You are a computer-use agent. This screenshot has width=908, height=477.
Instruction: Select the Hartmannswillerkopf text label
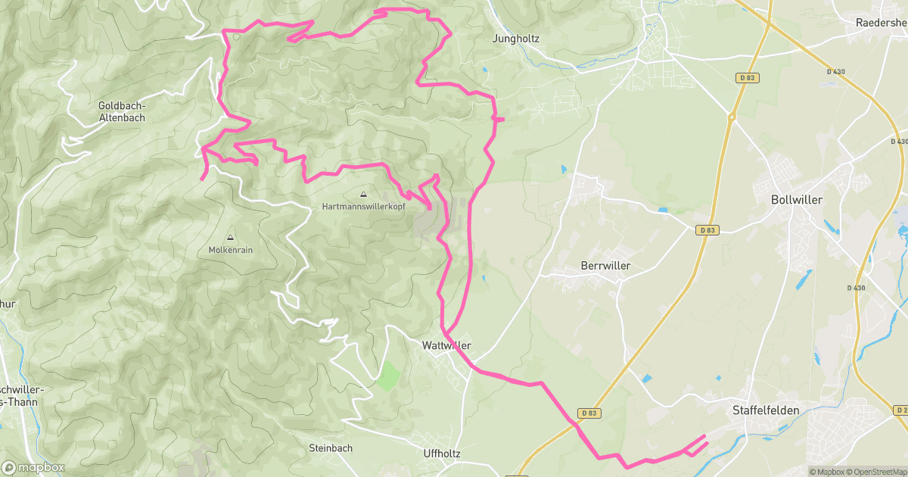[363, 206]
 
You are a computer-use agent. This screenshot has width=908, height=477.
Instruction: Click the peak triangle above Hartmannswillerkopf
[363, 194]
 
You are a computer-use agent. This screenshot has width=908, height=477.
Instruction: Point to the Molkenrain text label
[230, 250]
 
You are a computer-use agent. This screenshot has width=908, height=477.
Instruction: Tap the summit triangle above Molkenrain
[230, 238]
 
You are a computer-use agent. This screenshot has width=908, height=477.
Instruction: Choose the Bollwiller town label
[796, 200]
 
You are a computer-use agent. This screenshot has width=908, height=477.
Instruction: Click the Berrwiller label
[605, 266]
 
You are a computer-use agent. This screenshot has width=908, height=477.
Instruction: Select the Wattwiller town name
[446, 345]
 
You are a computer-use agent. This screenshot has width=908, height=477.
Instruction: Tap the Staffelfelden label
[766, 410]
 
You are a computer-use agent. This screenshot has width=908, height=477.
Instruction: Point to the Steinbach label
[331, 448]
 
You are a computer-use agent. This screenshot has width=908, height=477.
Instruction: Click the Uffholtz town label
[443, 453]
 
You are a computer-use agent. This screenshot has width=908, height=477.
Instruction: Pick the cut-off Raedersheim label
[881, 23]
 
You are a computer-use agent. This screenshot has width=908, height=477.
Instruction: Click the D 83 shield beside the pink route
[591, 413]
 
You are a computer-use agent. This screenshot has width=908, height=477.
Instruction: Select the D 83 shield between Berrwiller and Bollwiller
[707, 230]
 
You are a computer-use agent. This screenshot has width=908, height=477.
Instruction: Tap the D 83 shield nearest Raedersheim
[746, 77]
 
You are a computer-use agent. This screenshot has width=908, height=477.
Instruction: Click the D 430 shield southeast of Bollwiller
[856, 288]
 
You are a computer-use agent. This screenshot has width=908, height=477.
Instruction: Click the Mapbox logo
[33, 467]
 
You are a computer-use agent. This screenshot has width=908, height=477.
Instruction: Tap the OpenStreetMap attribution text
[877, 472]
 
